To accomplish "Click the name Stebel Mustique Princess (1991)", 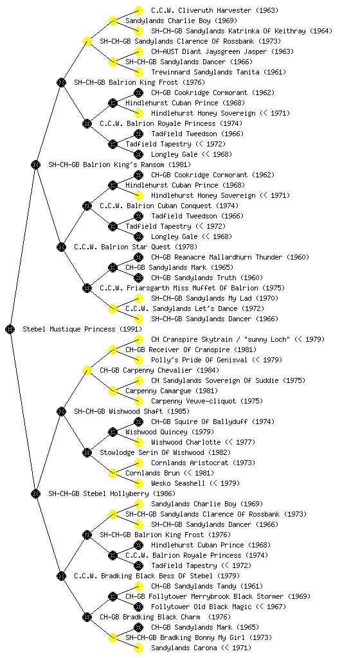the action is (x=82, y=329).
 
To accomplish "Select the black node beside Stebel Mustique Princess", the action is (x=10, y=329).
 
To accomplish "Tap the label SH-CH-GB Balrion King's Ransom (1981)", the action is (x=120, y=164).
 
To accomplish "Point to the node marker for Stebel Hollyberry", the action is (x=35, y=493).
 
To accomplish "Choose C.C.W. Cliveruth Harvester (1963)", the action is (x=215, y=10).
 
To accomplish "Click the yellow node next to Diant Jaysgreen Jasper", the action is (x=138, y=51).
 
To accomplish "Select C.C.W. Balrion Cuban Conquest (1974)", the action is (x=169, y=206).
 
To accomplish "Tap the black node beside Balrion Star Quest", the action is (x=62, y=247).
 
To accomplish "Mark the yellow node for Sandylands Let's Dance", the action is (x=113, y=308).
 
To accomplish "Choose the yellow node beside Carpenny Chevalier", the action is (x=87, y=370).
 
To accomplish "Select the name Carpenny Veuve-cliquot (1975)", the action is (x=207, y=401).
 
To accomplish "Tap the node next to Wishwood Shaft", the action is (x=62, y=411).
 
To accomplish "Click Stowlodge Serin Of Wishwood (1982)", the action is (x=165, y=452).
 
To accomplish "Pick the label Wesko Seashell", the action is (x=178, y=483).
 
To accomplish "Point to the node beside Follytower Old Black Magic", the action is (x=138, y=607).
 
